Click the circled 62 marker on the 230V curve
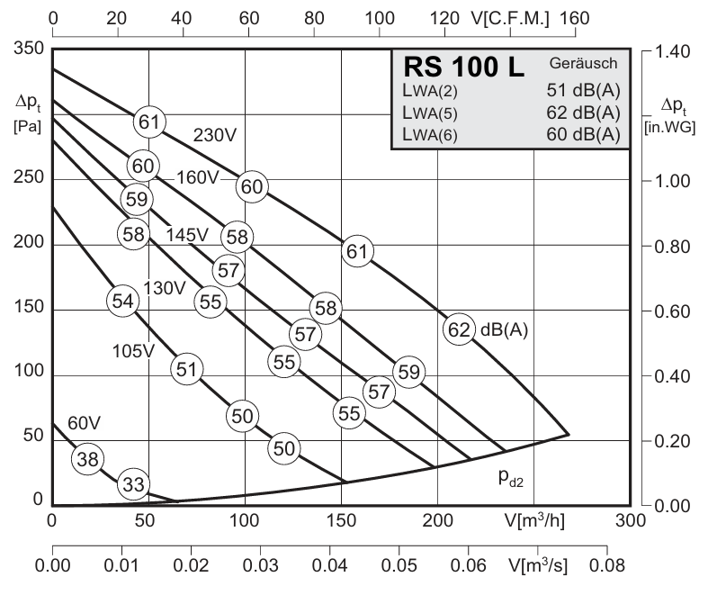point(459,329)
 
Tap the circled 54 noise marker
point(122,301)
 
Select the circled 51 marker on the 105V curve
point(185,368)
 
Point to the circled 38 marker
point(86,458)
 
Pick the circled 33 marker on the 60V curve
point(133,484)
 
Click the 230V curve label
point(215,136)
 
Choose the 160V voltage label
point(197,177)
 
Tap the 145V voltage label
point(187,235)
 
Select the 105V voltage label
point(134,350)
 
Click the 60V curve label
point(84,422)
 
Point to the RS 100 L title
point(463,68)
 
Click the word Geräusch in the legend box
point(583,64)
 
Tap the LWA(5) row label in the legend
point(434,113)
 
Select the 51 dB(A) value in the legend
point(584,90)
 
